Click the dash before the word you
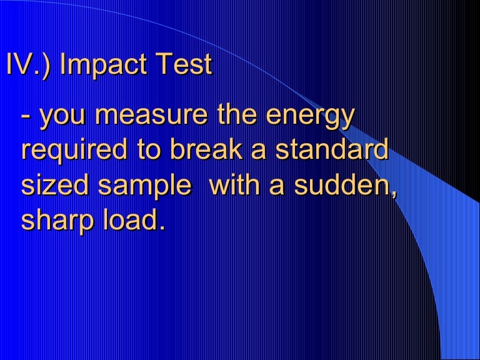click(x=27, y=118)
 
